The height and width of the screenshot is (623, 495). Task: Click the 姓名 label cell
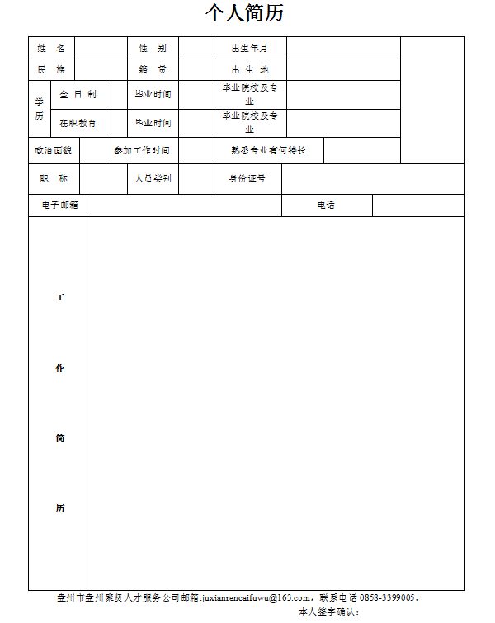(51, 48)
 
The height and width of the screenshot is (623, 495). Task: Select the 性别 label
(153, 48)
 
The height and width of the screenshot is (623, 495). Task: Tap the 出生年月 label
(250, 48)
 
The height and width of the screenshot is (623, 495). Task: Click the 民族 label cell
(51, 69)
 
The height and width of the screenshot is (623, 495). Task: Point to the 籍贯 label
(153, 69)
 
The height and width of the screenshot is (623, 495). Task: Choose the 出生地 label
(250, 69)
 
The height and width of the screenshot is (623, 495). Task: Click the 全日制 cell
(78, 94)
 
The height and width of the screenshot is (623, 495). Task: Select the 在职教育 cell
(78, 123)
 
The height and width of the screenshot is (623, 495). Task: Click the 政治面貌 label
(54, 150)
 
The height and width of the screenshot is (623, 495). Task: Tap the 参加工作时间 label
(142, 150)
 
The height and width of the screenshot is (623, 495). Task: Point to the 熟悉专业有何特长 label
(269, 150)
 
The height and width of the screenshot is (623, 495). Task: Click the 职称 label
(54, 178)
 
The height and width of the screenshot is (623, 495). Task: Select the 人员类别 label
(153, 178)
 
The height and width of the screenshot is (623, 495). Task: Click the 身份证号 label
(247, 178)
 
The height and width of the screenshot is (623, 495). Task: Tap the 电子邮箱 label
(59, 205)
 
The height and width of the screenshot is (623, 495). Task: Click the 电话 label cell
(327, 205)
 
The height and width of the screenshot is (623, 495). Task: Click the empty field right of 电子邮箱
(186, 205)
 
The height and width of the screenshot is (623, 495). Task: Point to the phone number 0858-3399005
(387, 597)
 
